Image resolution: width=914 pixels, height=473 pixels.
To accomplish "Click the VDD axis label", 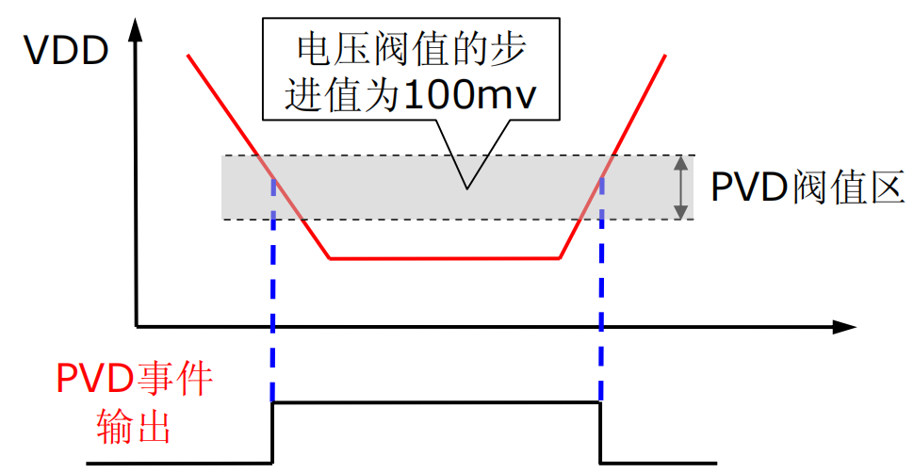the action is click(x=66, y=50).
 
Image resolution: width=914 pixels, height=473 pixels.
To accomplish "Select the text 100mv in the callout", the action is click(x=468, y=94).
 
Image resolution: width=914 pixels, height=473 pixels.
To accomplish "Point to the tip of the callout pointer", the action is click(x=467, y=188).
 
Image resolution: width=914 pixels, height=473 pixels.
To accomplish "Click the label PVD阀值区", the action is click(x=808, y=188).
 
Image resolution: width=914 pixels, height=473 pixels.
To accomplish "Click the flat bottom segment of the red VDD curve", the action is click(x=445, y=258).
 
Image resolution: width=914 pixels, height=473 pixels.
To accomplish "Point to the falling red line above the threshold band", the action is click(x=222, y=105).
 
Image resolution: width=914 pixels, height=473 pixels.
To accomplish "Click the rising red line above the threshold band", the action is click(x=639, y=105).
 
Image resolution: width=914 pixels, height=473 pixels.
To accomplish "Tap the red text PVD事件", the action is click(x=135, y=379).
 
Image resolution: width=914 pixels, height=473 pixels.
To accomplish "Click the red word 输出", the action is click(x=134, y=428).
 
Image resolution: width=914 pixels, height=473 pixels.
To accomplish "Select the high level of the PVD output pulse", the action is click(x=436, y=402).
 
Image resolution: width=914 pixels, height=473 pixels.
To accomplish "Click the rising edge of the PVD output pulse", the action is click(x=273, y=432).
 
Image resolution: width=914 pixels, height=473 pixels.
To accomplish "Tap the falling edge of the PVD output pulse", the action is click(x=600, y=432).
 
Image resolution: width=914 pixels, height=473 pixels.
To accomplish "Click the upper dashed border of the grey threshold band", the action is click(x=458, y=155).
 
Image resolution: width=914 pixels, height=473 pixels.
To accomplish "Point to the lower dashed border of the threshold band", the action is click(x=458, y=220).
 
